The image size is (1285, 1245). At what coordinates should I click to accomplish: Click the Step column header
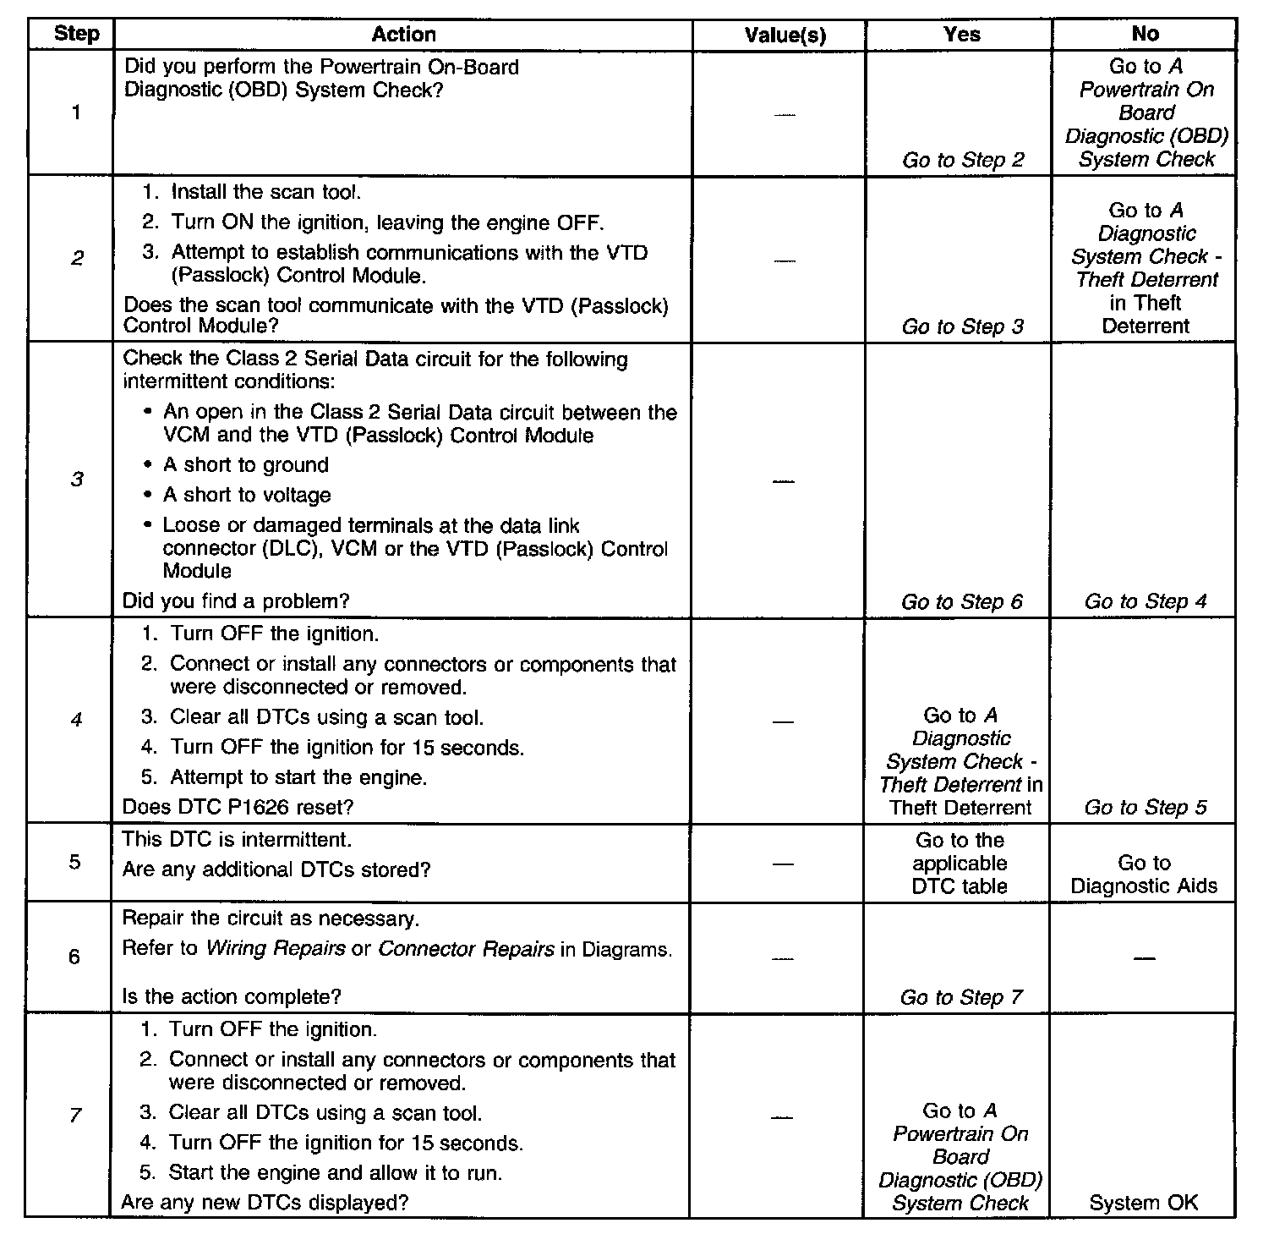[76, 35]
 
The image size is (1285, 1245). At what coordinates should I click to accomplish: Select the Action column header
[403, 35]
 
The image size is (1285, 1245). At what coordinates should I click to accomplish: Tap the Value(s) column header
[785, 35]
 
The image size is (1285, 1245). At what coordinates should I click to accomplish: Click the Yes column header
[961, 35]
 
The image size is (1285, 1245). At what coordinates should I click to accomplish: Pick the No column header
[1145, 35]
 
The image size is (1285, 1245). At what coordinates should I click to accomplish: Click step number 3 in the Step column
[76, 480]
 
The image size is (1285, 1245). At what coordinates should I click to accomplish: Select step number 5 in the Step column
[75, 863]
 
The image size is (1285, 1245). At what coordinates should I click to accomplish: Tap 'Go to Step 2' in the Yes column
[962, 160]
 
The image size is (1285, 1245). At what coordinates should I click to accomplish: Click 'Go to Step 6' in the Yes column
[961, 601]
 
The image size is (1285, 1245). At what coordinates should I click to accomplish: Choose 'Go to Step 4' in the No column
[1145, 601]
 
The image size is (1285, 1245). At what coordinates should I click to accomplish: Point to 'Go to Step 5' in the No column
[1145, 807]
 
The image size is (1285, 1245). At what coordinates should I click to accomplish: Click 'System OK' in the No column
[1143, 1203]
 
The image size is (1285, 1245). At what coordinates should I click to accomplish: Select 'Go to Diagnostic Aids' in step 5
[1144, 875]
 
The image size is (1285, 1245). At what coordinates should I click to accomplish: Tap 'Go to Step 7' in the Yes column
[961, 997]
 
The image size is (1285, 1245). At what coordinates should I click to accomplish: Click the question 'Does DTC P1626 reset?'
[238, 807]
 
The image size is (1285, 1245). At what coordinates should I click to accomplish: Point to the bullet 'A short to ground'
[245, 465]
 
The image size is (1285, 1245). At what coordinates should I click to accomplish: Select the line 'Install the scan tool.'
[265, 192]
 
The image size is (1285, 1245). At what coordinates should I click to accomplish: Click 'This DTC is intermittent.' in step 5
[237, 840]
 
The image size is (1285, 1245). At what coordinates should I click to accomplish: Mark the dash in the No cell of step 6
[1144, 958]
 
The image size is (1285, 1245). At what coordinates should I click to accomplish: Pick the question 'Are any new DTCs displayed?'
[264, 1202]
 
